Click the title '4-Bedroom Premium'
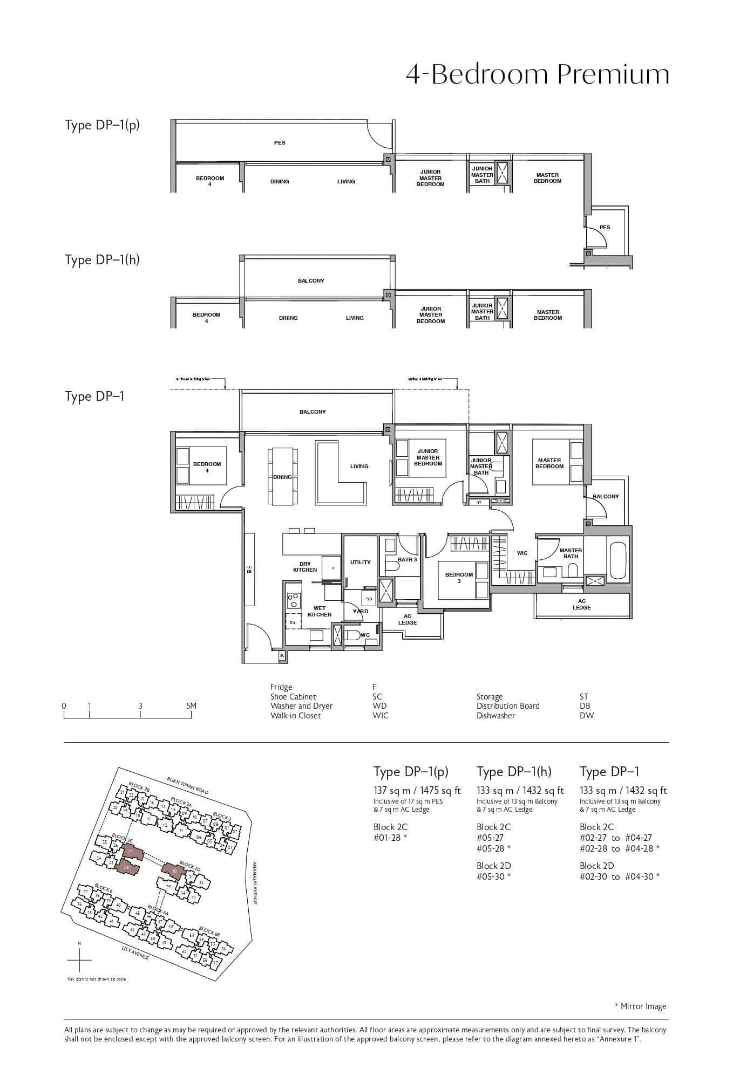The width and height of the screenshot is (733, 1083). click(x=537, y=74)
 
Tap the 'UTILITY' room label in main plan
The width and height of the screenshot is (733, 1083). click(x=360, y=562)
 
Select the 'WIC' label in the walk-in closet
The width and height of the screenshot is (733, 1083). click(x=522, y=553)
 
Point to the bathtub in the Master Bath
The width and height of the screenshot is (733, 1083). click(x=617, y=561)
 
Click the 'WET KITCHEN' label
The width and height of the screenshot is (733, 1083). click(x=319, y=611)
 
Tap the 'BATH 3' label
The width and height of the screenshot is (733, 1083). click(x=407, y=559)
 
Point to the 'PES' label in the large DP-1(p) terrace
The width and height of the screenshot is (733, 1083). click(x=280, y=142)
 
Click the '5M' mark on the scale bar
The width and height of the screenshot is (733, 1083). click(x=191, y=705)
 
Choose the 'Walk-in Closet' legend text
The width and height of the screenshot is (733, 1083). click(x=295, y=716)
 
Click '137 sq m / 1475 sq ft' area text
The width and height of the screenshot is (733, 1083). click(x=417, y=791)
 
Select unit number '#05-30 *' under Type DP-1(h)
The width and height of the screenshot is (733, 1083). click(x=493, y=876)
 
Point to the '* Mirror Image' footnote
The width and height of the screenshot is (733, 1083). click(x=640, y=1006)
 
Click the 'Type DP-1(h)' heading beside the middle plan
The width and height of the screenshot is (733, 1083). click(x=102, y=260)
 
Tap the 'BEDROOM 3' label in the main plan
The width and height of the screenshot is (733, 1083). click(x=459, y=578)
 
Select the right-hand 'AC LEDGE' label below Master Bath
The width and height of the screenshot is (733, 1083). click(x=581, y=604)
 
